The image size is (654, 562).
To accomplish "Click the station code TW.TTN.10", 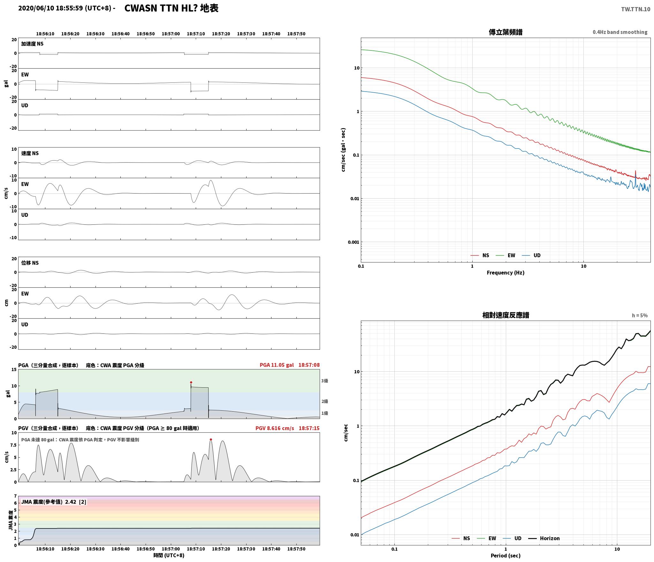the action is point(635,9).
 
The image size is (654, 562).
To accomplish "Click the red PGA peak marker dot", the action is point(191,382).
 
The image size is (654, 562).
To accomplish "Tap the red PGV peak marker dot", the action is point(211,439).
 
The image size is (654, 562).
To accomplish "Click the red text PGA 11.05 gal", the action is point(277,365).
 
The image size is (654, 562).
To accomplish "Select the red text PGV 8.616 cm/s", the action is point(275,428).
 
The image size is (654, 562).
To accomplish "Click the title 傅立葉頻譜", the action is point(506,32).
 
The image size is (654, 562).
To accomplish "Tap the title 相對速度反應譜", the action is point(506,315).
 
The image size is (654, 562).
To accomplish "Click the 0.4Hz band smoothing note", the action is point(620,32).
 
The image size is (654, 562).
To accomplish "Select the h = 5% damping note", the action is point(640,315).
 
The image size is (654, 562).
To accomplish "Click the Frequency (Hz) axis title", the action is point(506,272).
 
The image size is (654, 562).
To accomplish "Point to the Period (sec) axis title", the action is point(506,555).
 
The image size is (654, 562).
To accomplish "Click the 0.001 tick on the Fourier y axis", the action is point(353,242).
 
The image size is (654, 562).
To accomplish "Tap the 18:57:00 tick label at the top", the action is point(171,34).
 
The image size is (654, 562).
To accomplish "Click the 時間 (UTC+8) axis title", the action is point(169,555).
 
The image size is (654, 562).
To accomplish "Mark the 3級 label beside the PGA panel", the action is point(324,381).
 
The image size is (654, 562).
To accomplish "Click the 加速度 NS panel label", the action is point(32,44).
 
